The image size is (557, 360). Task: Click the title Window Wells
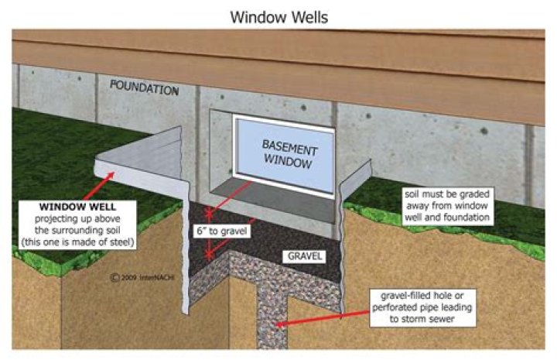[x=278, y=15]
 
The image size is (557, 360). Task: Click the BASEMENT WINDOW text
[x=288, y=154]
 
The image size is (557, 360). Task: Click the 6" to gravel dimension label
[x=222, y=231]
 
